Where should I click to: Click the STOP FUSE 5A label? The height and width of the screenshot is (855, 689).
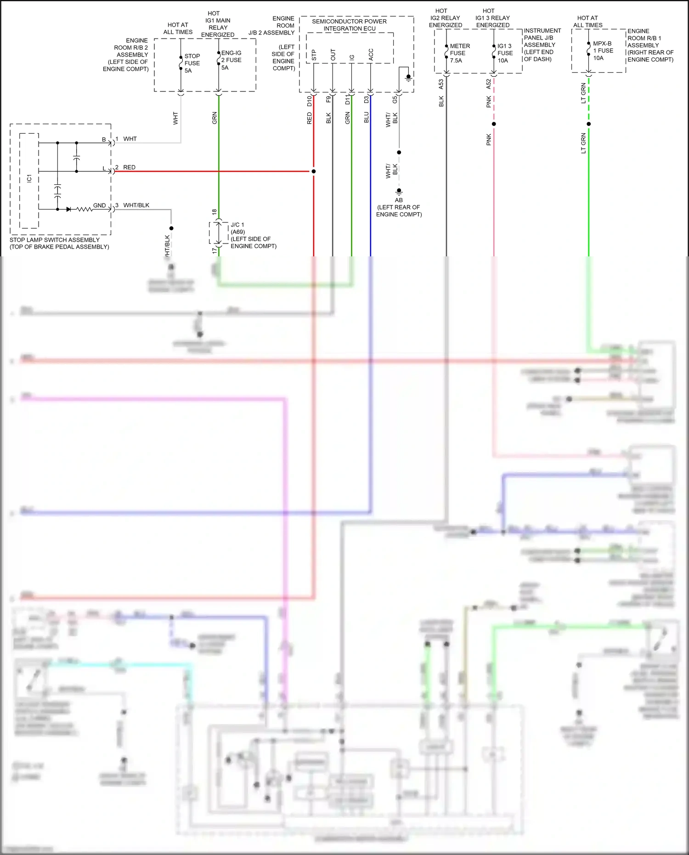click(192, 63)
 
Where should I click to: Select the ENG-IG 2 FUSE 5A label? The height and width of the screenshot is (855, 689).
click(231, 60)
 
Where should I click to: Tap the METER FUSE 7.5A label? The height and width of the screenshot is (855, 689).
click(459, 53)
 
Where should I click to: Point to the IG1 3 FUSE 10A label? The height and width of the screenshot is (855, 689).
click(504, 53)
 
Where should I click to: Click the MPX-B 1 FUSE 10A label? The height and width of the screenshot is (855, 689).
click(603, 51)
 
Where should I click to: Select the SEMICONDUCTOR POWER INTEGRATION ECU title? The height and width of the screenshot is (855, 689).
click(349, 25)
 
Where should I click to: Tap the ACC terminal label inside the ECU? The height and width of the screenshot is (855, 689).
click(371, 55)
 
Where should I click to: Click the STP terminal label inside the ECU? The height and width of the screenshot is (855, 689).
click(314, 56)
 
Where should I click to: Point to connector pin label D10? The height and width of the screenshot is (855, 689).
click(309, 101)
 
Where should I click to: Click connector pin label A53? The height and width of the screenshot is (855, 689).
click(441, 84)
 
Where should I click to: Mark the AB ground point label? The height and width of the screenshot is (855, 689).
click(399, 200)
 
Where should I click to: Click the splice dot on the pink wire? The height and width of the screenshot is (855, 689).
click(494, 124)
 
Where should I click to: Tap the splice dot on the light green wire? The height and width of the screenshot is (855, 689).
click(588, 124)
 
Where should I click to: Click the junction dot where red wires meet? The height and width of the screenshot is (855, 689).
click(314, 171)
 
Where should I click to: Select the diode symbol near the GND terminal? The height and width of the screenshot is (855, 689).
click(68, 209)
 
